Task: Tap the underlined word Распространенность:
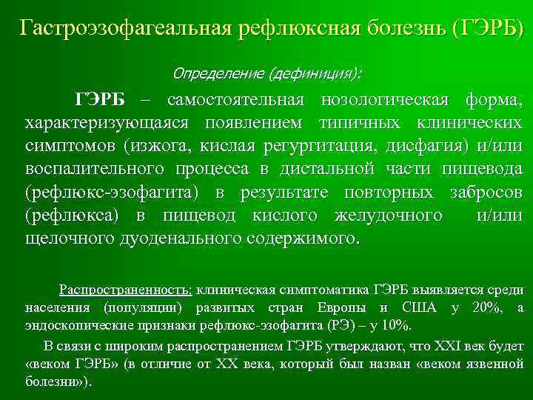click(126, 290)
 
